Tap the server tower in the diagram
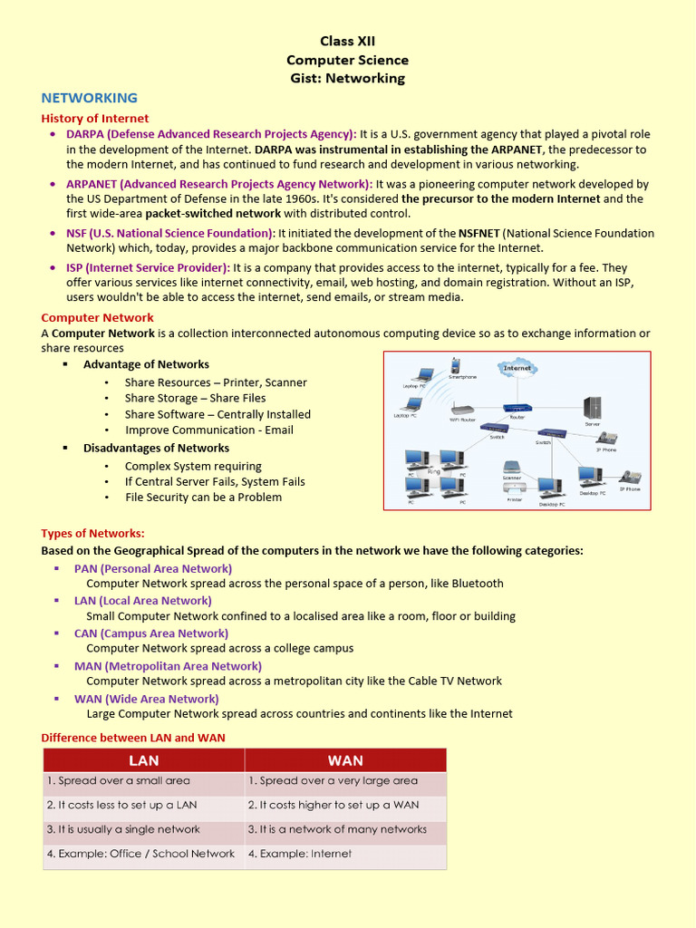[x=593, y=408]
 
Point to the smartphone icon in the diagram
[x=456, y=366]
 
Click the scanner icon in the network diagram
[x=512, y=468]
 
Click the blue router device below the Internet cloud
[x=518, y=409]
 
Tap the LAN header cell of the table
[x=144, y=760]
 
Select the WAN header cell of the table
[x=345, y=760]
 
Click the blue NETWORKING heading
[x=90, y=98]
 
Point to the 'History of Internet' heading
[x=95, y=118]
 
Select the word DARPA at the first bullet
[x=85, y=134]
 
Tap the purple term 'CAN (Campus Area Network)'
[x=151, y=633]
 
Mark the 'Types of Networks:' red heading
[x=92, y=533]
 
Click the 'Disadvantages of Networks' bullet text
[x=156, y=448]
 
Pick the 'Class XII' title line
[x=347, y=42]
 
